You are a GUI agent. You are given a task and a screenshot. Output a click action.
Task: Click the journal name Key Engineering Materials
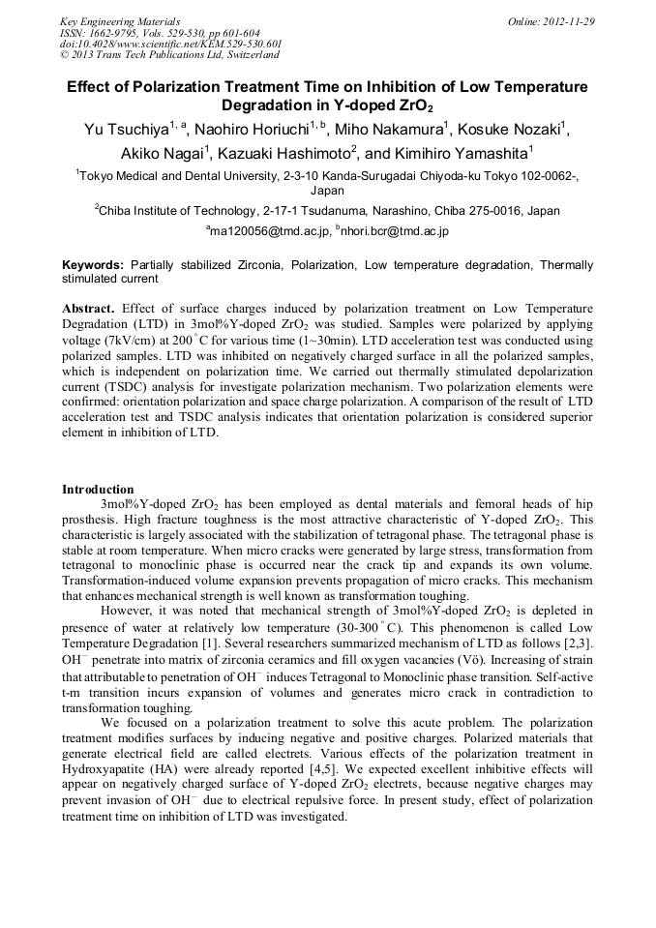coord(120,21)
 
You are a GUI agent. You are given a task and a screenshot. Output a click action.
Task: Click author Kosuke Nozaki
coord(516,130)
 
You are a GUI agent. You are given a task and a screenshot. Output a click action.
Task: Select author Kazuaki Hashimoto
coord(283,154)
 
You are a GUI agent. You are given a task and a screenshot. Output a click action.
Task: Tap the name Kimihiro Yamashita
coord(462,154)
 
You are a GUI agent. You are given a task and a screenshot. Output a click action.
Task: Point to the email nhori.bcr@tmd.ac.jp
coord(395,232)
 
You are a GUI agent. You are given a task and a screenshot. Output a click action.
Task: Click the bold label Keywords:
coord(93,264)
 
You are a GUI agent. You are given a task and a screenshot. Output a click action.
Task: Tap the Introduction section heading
coord(98,490)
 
